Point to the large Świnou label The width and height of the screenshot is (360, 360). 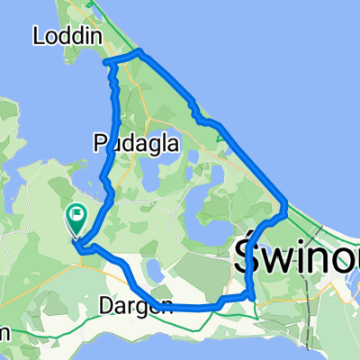pos(297,259)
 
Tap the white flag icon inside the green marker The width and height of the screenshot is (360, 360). pos(76,215)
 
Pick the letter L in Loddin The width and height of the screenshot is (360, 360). pos(37,36)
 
